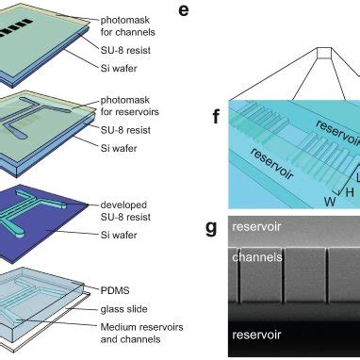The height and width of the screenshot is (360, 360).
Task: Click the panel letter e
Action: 211,12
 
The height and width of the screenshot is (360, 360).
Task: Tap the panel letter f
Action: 217,119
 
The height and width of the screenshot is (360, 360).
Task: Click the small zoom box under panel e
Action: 323,57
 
